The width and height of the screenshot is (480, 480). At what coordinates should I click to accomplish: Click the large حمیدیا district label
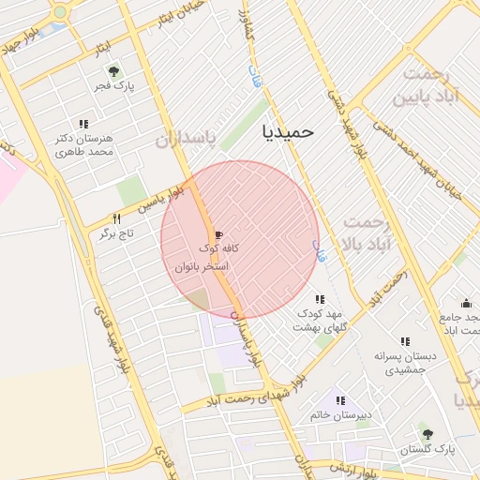pyautogui.click(x=289, y=132)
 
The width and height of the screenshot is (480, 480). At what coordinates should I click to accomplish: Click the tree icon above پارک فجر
pyautogui.click(x=113, y=71)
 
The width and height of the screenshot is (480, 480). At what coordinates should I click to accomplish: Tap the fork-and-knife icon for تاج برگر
pyautogui.click(x=117, y=218)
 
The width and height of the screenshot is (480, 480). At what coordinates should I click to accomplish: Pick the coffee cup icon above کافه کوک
pyautogui.click(x=218, y=233)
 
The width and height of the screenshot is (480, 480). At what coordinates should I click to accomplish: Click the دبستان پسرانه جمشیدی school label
pyautogui.click(x=405, y=363)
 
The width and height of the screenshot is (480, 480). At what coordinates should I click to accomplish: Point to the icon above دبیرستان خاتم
pyautogui.click(x=339, y=400)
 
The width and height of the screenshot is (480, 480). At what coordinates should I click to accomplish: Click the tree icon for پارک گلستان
pyautogui.click(x=427, y=434)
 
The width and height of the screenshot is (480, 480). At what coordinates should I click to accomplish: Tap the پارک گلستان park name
pyautogui.click(x=427, y=449)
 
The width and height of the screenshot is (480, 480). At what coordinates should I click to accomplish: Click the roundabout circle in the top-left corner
pyautogui.click(x=61, y=12)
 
